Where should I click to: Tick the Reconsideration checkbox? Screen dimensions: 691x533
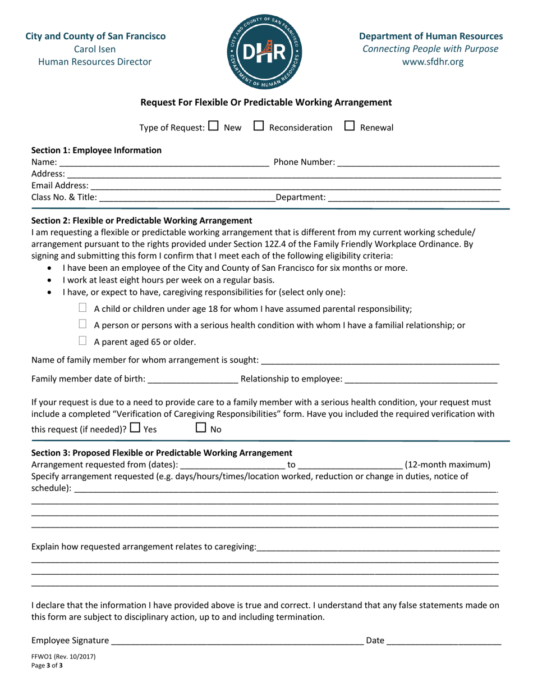coord(259,127)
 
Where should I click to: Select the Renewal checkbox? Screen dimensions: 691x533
coord(348,127)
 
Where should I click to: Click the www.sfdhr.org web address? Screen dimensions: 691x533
coord(430,62)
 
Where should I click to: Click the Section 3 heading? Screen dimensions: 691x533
coord(162,452)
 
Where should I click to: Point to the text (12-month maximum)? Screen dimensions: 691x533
coord(447,464)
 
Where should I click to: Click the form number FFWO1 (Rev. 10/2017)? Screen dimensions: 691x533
coord(63,656)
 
